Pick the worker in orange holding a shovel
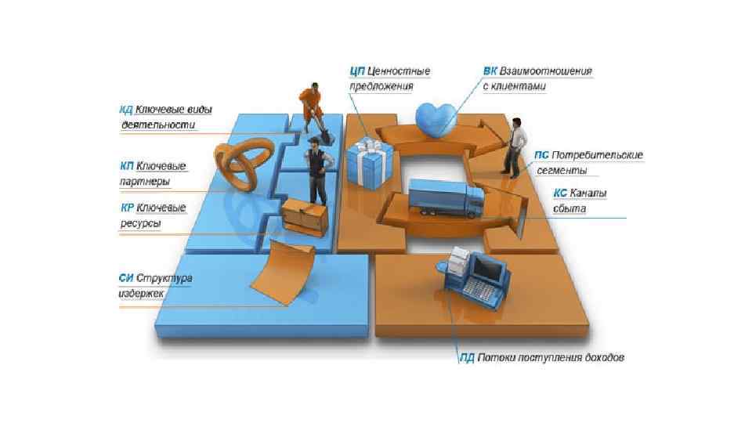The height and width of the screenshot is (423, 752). point(310,106)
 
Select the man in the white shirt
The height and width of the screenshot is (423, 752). point(513,146)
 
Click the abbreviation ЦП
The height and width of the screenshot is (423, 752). point(358,71)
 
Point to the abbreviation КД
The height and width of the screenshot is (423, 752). point(126,110)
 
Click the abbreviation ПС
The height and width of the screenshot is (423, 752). point(541,155)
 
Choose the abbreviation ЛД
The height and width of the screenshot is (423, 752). point(467,358)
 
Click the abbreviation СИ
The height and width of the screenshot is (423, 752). point(126,278)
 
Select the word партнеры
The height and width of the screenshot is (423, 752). point(145,182)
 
